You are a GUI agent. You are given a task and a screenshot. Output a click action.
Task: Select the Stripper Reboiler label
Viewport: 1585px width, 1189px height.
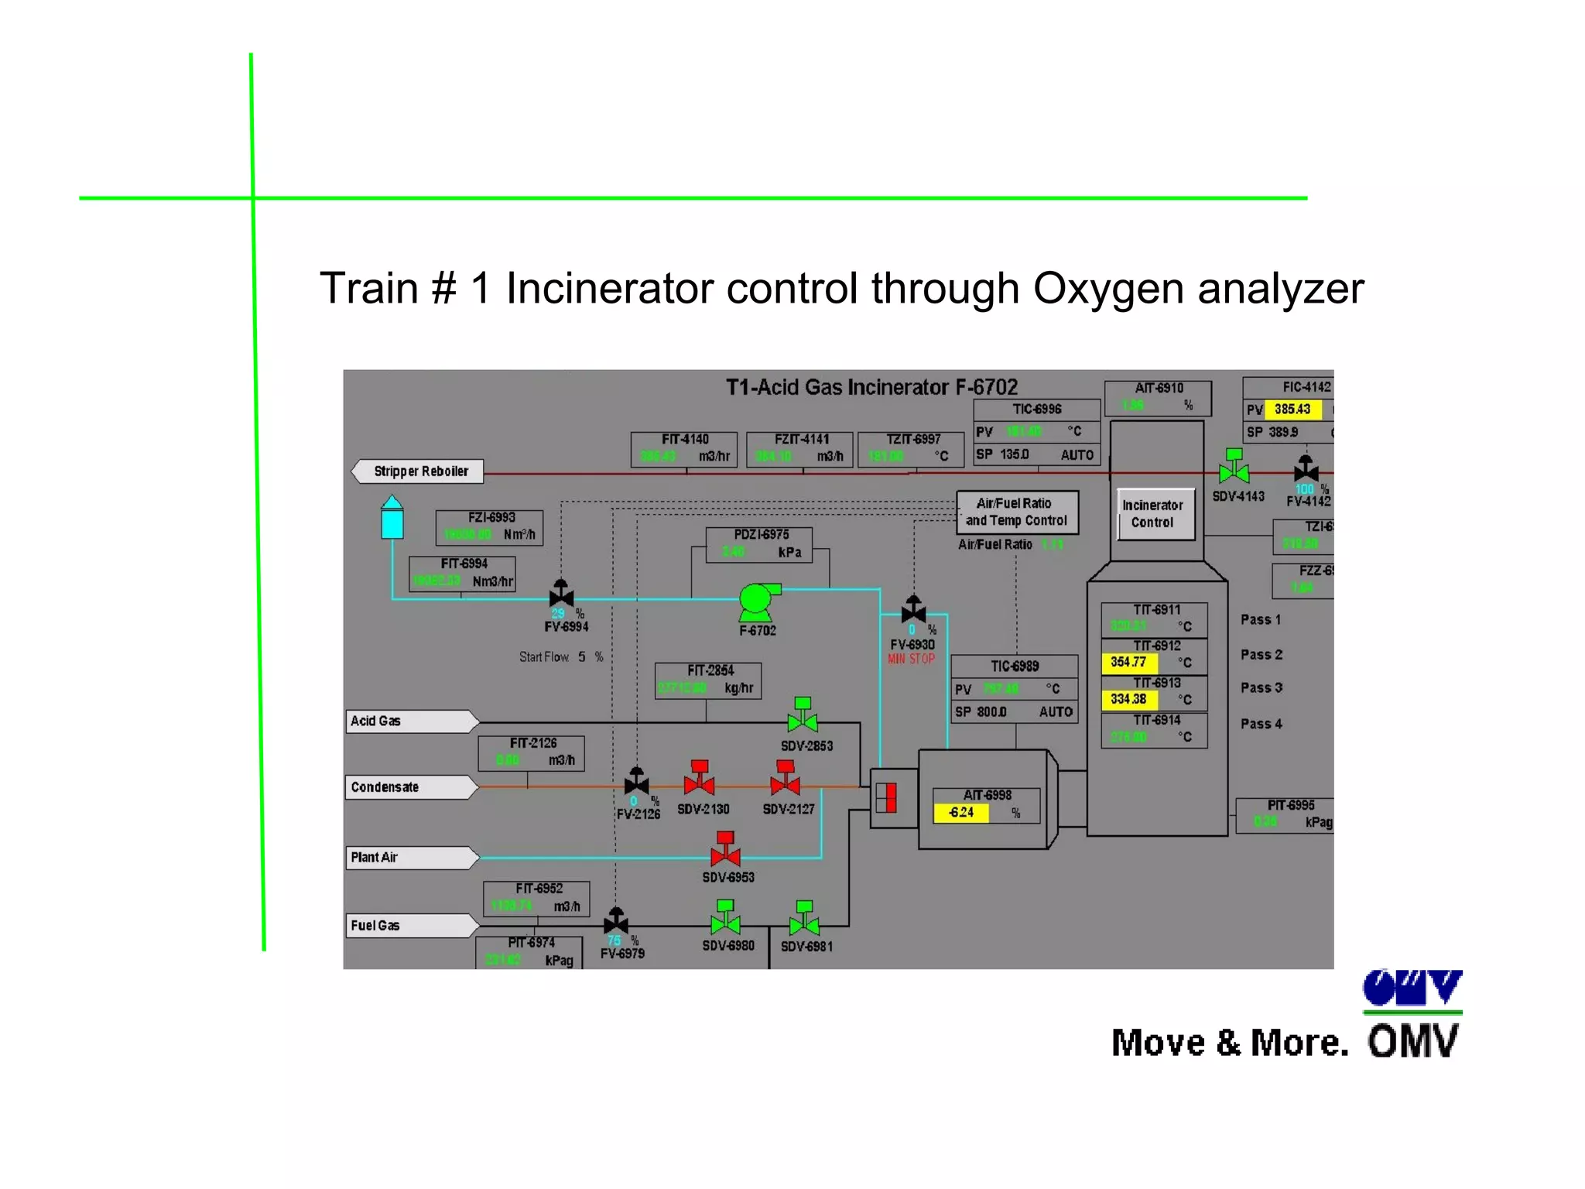pos(420,471)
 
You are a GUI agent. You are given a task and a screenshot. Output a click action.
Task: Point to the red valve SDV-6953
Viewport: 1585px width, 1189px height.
pos(726,850)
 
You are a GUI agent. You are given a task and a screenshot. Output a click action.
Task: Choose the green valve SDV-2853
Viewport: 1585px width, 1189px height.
pos(803,716)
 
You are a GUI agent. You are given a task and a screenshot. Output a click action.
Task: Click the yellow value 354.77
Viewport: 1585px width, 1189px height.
pos(1128,663)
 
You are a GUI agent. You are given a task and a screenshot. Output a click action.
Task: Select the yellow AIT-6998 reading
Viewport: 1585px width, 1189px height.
pos(961,813)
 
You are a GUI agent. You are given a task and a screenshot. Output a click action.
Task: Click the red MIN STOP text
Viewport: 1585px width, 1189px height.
pos(911,660)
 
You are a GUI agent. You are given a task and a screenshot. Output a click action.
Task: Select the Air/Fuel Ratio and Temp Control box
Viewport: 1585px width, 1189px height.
pos(1016,512)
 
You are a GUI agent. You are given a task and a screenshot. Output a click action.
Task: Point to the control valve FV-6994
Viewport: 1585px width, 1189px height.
pos(561,594)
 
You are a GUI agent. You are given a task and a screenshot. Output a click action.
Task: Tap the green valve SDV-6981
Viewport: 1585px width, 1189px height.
pos(804,919)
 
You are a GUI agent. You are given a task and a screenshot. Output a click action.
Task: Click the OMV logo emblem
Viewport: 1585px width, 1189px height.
pos(1412,989)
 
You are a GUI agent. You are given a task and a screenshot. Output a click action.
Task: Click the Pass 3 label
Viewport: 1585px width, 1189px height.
pos(1261,688)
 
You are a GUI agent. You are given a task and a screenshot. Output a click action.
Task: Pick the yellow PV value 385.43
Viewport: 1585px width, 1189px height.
pos(1292,409)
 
